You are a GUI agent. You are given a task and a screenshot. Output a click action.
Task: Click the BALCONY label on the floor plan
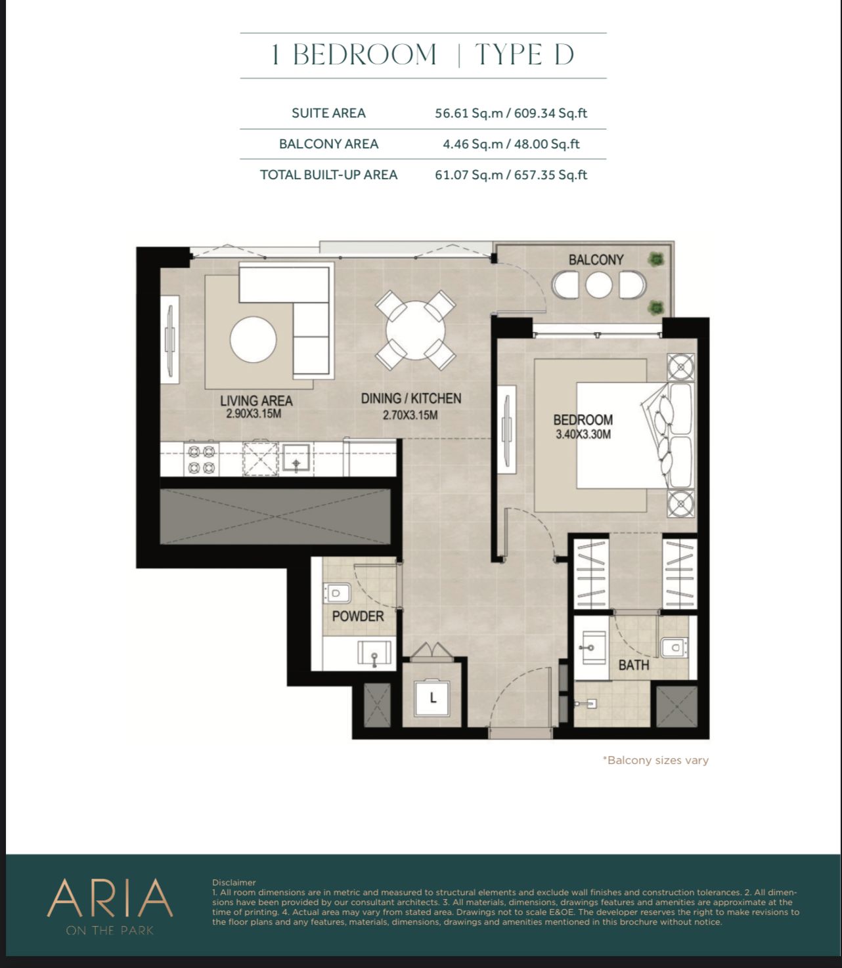(596, 260)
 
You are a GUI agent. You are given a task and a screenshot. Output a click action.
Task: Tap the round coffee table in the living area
(254, 340)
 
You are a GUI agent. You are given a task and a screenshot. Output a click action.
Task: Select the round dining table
(415, 330)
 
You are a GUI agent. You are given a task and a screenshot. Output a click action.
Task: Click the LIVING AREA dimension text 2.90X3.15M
(254, 413)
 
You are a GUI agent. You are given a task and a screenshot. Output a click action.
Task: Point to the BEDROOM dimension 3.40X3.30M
(583, 434)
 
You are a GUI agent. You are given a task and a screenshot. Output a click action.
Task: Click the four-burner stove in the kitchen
(202, 458)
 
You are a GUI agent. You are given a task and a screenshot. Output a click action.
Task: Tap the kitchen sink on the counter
(296, 457)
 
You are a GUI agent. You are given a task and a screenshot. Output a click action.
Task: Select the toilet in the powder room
(336, 593)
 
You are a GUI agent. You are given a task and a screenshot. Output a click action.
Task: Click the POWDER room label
(358, 616)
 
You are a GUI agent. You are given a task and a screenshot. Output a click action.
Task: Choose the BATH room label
(634, 665)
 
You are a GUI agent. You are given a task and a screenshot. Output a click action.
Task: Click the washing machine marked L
(432, 698)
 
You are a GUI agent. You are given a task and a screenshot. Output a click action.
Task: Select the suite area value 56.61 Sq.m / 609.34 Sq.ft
(511, 114)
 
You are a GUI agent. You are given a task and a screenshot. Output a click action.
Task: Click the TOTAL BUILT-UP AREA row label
(328, 175)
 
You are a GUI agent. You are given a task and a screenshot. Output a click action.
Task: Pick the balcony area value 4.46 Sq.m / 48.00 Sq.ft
(511, 144)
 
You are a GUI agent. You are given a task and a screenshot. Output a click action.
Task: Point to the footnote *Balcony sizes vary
(655, 761)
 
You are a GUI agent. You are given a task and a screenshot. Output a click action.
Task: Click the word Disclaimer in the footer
(234, 883)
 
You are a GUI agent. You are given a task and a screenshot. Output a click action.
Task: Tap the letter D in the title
(564, 55)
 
